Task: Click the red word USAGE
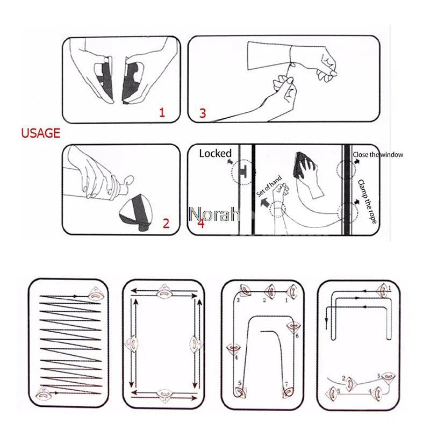click(x=41, y=133)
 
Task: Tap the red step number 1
click(x=162, y=112)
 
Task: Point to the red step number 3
click(x=203, y=113)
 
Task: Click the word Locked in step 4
click(x=215, y=154)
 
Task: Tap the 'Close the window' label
click(x=378, y=155)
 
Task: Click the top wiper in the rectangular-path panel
click(x=163, y=294)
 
